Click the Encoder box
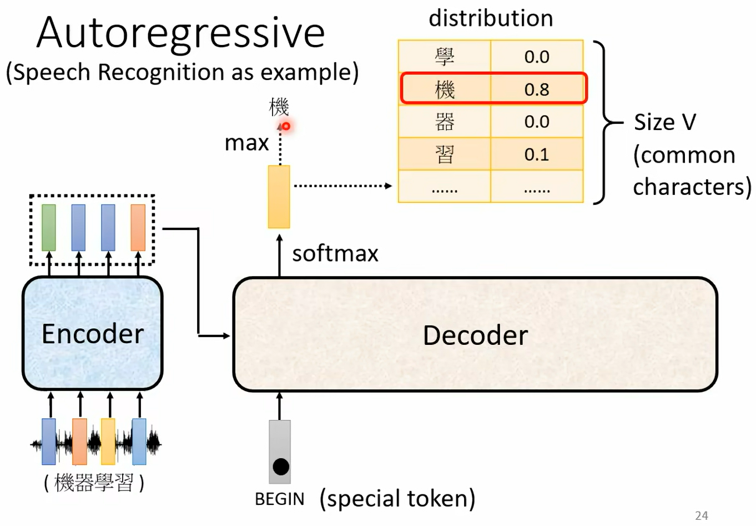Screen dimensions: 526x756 [92, 333]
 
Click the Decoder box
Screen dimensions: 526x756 [475, 335]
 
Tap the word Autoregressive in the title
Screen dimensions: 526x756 [180, 33]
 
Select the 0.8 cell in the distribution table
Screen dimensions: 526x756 [537, 89]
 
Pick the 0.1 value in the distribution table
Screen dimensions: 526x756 [537, 154]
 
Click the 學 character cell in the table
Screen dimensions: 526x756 [445, 57]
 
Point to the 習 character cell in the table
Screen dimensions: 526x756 [445, 154]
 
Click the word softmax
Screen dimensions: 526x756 [335, 254]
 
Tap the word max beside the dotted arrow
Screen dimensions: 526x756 [246, 143]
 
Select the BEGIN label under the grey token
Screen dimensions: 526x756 [279, 499]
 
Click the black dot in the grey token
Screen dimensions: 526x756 [281, 467]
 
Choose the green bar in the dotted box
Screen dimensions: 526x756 [49, 228]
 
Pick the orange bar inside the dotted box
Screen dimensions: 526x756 [138, 228]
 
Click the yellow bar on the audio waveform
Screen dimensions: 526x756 [108, 442]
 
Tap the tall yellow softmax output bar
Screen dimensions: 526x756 [279, 197]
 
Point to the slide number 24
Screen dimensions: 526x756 [702, 515]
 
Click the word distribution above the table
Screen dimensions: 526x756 [491, 18]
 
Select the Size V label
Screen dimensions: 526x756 [664, 122]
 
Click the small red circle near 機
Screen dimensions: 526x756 [286, 126]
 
